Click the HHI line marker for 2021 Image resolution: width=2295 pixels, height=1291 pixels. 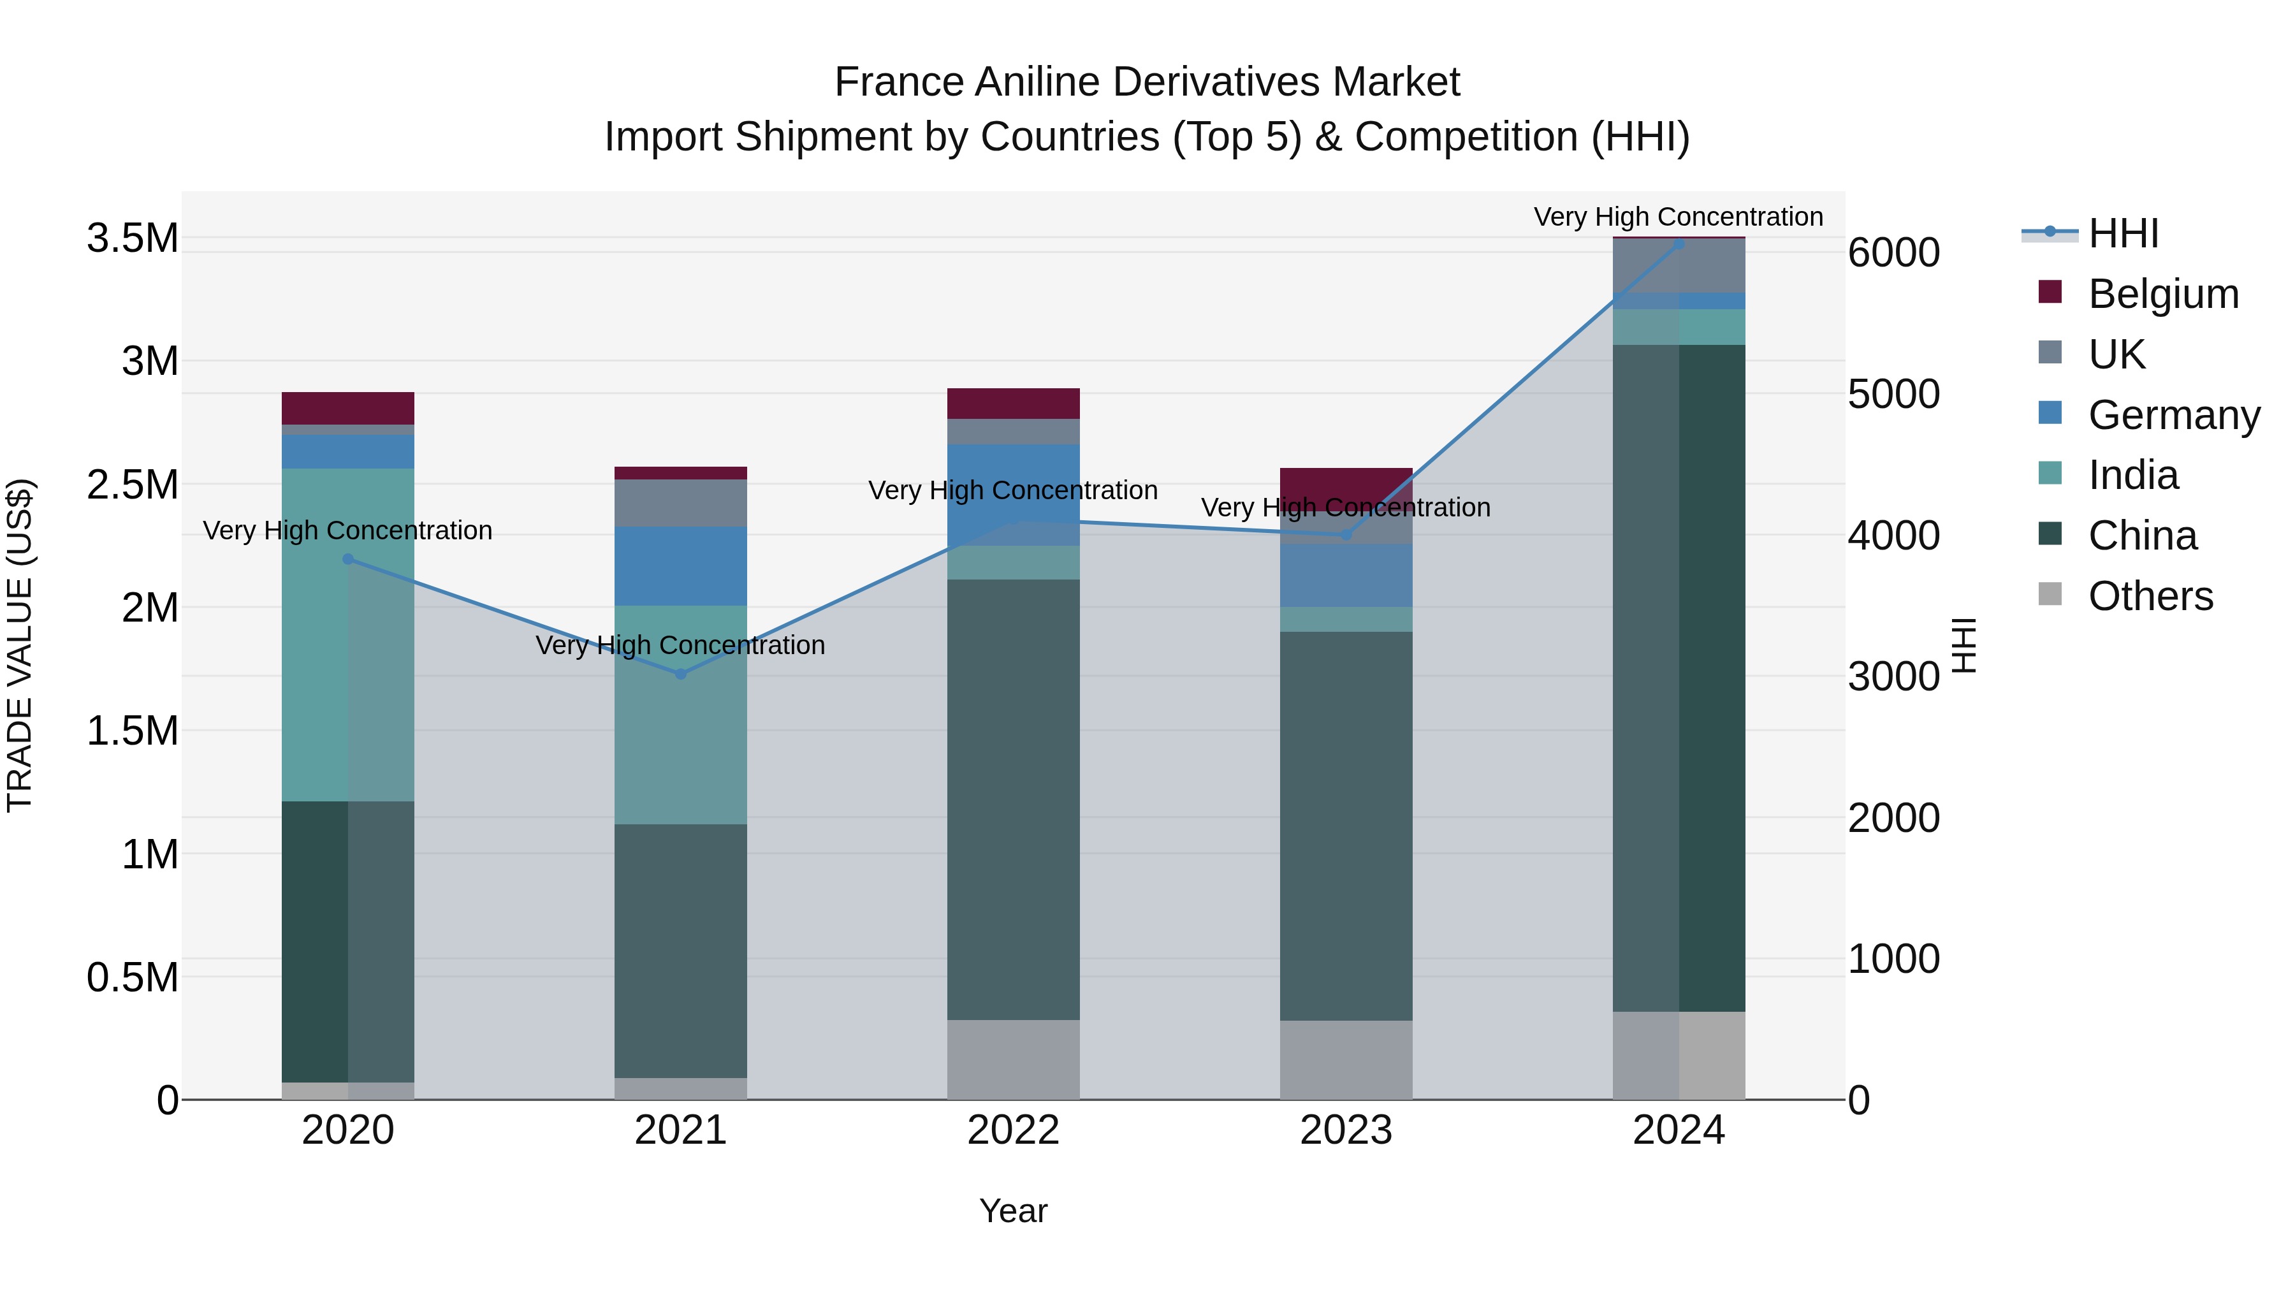(x=681, y=674)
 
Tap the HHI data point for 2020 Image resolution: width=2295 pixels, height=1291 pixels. (x=348, y=560)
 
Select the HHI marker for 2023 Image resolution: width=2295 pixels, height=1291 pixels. (x=1346, y=535)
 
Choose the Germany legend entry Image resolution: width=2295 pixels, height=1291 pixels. (x=2173, y=415)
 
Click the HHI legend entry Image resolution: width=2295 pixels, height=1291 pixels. (x=2122, y=233)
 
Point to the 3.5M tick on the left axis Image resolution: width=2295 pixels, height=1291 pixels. (x=132, y=239)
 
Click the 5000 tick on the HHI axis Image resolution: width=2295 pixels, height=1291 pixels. (x=1893, y=394)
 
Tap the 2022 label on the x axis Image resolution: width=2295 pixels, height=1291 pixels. (x=1013, y=1130)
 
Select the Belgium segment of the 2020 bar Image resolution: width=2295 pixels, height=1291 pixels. (x=348, y=408)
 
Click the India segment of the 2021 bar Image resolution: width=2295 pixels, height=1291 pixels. (x=681, y=715)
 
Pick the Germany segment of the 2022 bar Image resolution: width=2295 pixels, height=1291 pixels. (x=1013, y=495)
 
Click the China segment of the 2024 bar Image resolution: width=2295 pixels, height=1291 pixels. (x=1679, y=677)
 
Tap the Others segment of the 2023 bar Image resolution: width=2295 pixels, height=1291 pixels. (x=1346, y=1060)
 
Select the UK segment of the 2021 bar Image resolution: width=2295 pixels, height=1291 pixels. (x=681, y=504)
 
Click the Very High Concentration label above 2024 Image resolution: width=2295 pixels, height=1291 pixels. (x=1678, y=217)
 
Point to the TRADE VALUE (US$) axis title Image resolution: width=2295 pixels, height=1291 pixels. (x=20, y=645)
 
